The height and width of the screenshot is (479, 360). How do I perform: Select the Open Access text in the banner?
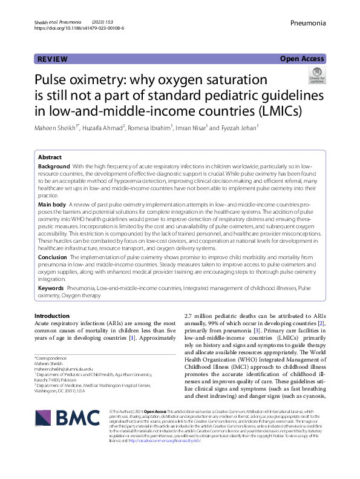pyautogui.click(x=303, y=59)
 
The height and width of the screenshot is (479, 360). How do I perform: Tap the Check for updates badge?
pyautogui.click(x=317, y=76)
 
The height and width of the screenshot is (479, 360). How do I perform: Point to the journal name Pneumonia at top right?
pyautogui.click(x=308, y=23)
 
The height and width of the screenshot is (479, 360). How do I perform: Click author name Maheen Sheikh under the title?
pyautogui.click(x=56, y=128)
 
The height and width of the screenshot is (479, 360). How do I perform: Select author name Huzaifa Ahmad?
pyautogui.click(x=105, y=128)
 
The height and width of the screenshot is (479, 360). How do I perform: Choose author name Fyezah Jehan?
pyautogui.click(x=240, y=128)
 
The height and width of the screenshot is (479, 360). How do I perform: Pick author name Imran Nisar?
pyautogui.click(x=191, y=128)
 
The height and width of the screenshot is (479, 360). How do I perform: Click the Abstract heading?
pyautogui.click(x=50, y=156)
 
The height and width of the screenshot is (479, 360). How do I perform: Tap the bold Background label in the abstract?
pyautogui.click(x=54, y=166)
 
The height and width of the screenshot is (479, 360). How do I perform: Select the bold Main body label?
pyautogui.click(x=52, y=205)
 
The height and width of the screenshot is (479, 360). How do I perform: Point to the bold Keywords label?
pyautogui.click(x=51, y=289)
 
